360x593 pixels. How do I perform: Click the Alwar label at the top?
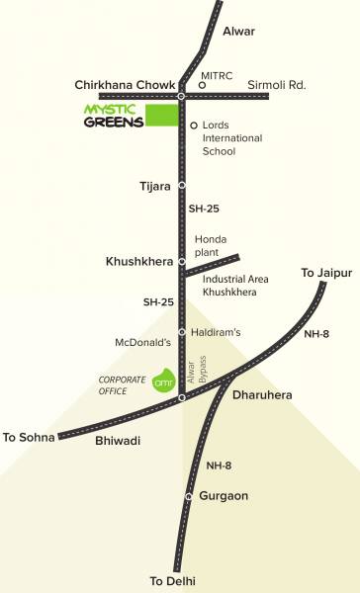coord(238,32)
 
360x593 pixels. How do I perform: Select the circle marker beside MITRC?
coord(202,86)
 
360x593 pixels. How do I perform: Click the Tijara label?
coord(156,186)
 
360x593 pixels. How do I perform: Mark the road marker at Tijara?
coord(182,186)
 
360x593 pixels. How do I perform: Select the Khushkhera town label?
coord(138,262)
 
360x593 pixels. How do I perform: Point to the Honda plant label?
coord(212,246)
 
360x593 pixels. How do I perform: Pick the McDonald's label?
coord(142,342)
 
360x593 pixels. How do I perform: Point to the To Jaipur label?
coord(325,272)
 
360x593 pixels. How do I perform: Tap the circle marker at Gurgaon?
coord(189,496)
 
